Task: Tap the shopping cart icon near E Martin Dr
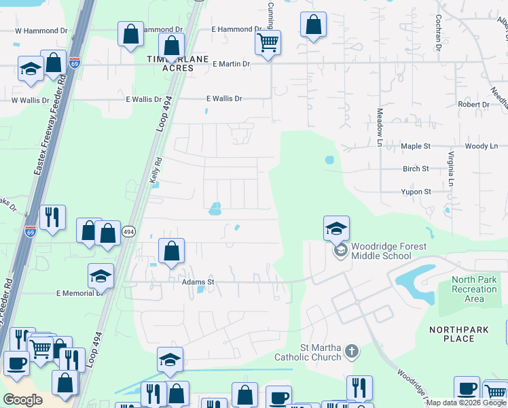[268, 44]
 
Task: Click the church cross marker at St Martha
[350, 352]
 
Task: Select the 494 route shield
[128, 232]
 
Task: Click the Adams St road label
[198, 281]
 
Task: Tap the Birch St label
[416, 169]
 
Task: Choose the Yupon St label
[418, 192]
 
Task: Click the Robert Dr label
[473, 105]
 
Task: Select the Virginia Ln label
[450, 169]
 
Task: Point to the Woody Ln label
[481, 146]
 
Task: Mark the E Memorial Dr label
[79, 293]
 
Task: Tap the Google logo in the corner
[23, 400]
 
